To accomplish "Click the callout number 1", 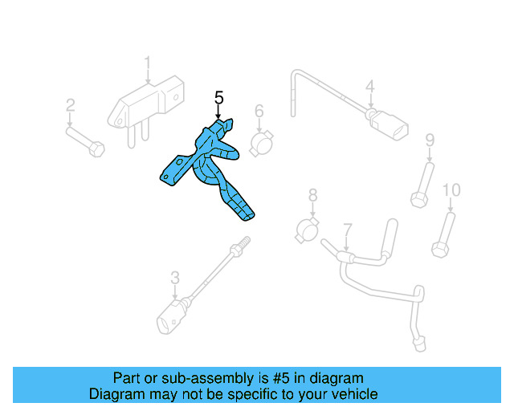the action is point(148,63).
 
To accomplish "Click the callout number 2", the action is point(71,105).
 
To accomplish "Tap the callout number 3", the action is point(175,279).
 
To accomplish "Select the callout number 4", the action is point(369,86).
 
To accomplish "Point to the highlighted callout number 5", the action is point(218,98).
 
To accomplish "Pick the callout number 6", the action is point(259,111).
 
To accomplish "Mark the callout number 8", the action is point(312,195).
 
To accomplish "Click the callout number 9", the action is point(430,141).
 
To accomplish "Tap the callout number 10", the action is point(451,190).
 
